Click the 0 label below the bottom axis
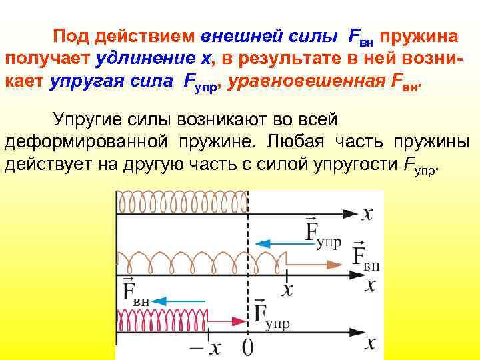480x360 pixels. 247,347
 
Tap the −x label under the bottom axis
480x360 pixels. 207,347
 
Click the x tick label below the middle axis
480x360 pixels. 287,289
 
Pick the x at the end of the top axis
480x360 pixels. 367,213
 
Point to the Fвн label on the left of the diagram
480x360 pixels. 136,293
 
